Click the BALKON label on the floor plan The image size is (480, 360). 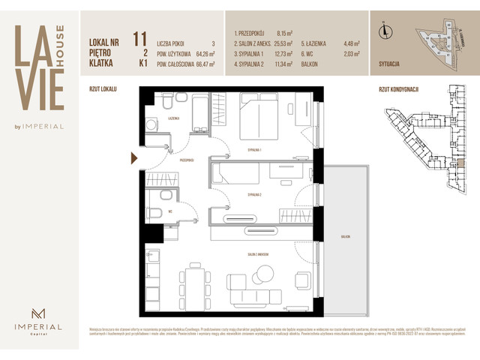pyautogui.click(x=344, y=236)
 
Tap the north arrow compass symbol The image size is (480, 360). pyautogui.click(x=385, y=31)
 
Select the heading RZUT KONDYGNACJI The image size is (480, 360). pyautogui.click(x=394, y=88)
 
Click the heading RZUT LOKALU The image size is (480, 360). pyautogui.click(x=103, y=88)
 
